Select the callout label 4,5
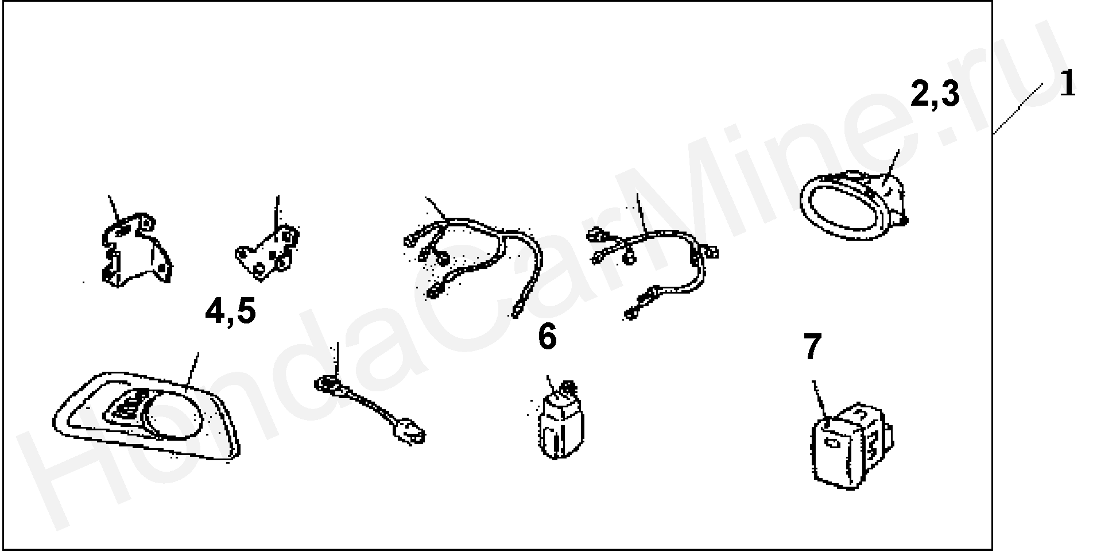[231, 313]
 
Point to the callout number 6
[547, 337]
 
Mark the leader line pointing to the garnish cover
[193, 369]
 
